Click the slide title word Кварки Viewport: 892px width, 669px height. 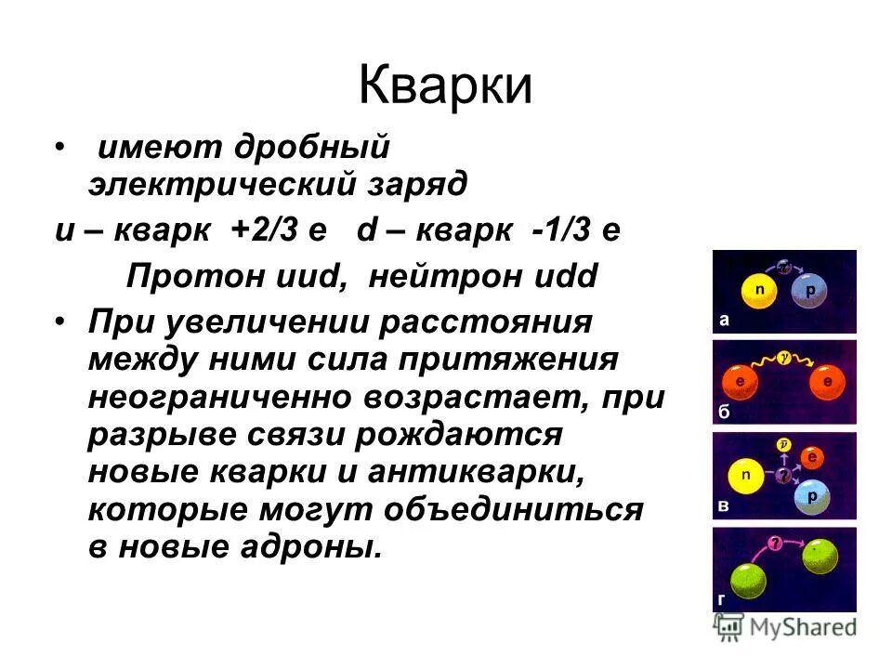pos(445,86)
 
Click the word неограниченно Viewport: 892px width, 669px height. pos(219,397)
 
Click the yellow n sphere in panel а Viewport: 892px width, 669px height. pos(759,292)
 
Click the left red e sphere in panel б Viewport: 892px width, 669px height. pos(740,381)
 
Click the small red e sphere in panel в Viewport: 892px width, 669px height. pos(811,457)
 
